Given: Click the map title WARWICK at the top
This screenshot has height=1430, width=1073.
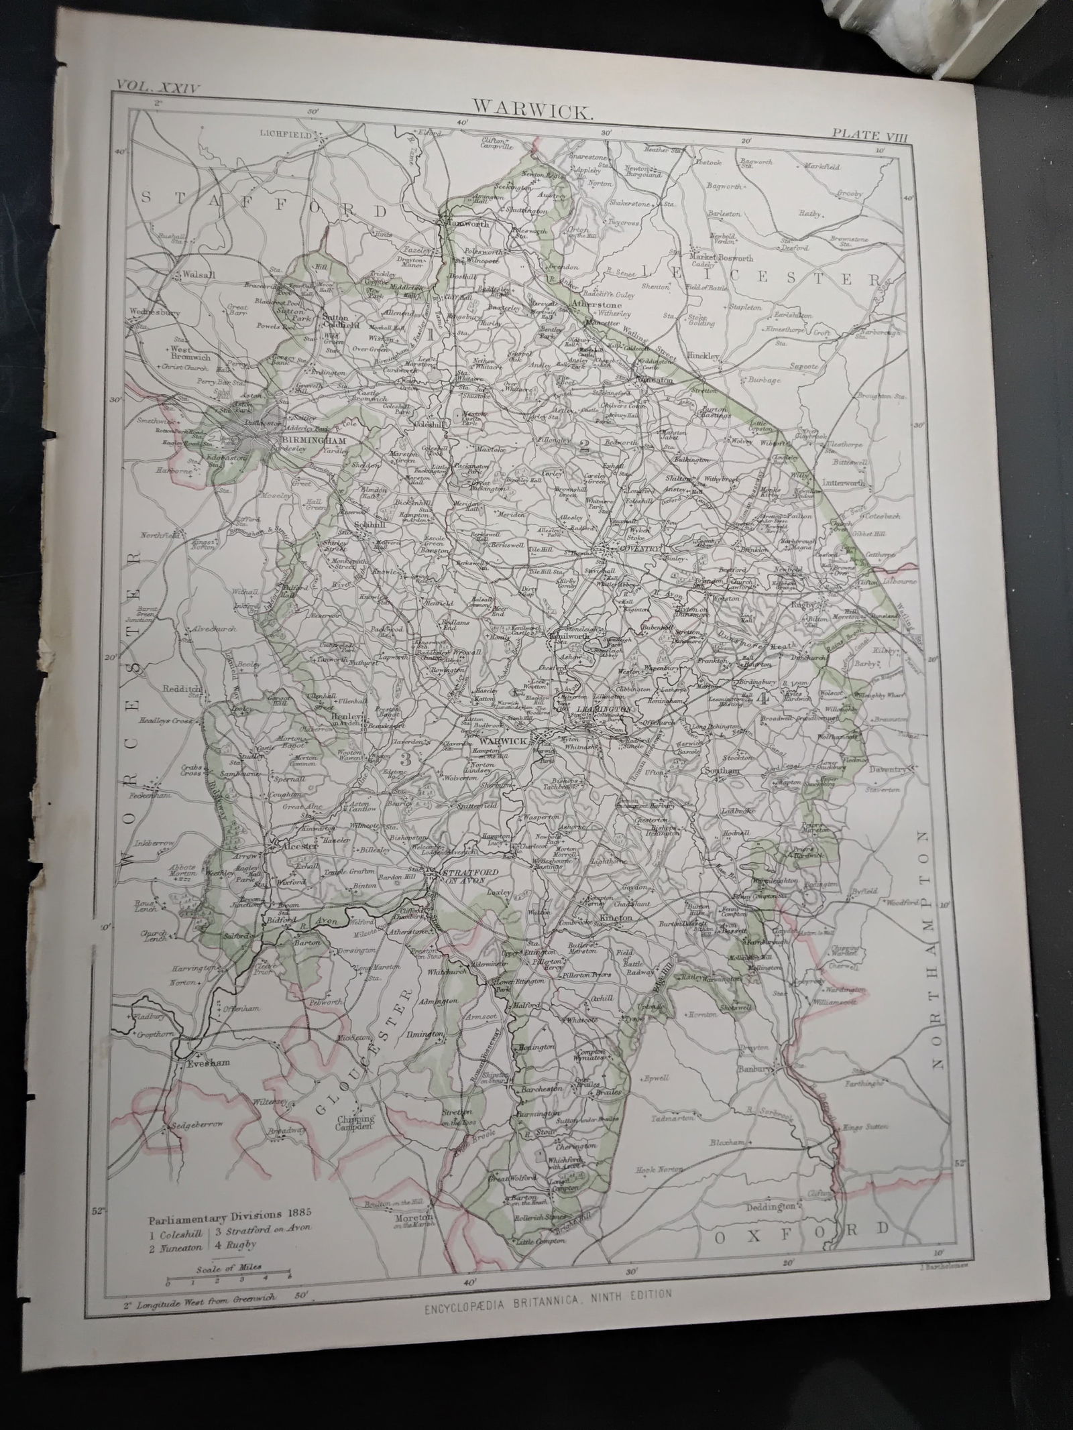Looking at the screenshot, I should pos(532,108).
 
